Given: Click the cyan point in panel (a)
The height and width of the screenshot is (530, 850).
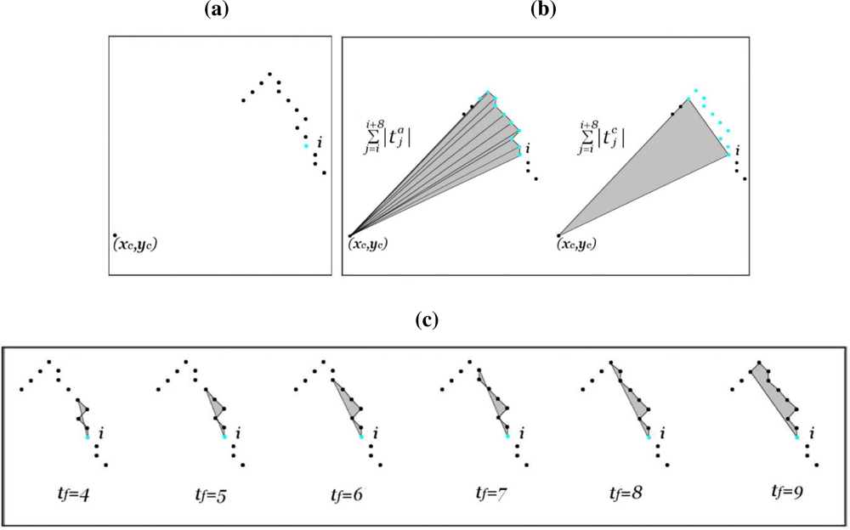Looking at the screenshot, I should [306, 146].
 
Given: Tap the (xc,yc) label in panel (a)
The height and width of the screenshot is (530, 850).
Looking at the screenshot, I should [135, 245].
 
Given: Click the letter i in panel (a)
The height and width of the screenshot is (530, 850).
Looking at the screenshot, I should [319, 142].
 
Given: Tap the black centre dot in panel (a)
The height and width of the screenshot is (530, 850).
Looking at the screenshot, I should [115, 235].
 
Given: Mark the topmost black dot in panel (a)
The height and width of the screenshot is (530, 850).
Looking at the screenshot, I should [270, 75].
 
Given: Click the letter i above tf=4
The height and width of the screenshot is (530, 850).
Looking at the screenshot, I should [100, 434].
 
